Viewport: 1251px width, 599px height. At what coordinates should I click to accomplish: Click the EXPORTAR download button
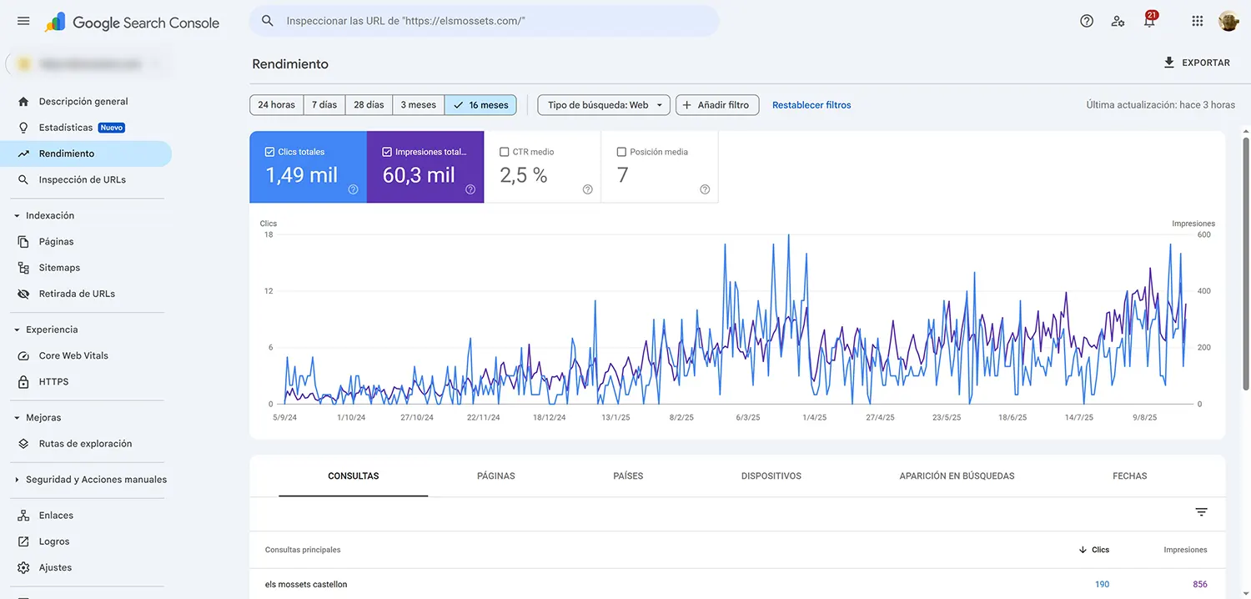(x=1196, y=63)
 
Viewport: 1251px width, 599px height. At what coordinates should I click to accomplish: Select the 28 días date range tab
(x=369, y=105)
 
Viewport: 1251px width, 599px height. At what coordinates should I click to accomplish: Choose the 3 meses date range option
(x=418, y=105)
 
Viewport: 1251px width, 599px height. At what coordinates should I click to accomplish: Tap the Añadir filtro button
(x=716, y=105)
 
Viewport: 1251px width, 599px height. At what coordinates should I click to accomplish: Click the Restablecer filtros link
(x=811, y=105)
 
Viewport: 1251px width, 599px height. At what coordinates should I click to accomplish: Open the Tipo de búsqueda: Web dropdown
(x=604, y=105)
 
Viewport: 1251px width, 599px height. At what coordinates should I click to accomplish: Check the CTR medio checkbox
(x=505, y=152)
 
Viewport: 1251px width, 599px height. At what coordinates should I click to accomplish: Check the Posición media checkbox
(x=621, y=152)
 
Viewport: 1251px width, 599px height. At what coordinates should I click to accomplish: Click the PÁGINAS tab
(x=495, y=476)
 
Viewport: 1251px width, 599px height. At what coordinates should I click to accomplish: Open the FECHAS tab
(x=1129, y=476)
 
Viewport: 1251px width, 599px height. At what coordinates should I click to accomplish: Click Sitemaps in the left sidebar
(x=59, y=268)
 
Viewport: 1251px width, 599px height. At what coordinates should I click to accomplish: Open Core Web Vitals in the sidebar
(x=73, y=355)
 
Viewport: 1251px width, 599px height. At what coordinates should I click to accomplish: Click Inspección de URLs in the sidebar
(x=82, y=179)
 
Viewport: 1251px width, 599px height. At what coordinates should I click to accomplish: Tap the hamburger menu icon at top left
(x=23, y=21)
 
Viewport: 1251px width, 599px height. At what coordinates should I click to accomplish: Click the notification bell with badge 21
(x=1149, y=22)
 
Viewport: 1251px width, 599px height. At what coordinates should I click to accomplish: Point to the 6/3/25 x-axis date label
(x=748, y=417)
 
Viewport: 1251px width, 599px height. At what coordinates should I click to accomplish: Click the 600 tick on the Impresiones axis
(x=1203, y=234)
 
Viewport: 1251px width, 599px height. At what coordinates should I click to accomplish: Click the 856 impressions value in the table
(x=1199, y=584)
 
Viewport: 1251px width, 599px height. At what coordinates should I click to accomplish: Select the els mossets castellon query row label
(x=306, y=584)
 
